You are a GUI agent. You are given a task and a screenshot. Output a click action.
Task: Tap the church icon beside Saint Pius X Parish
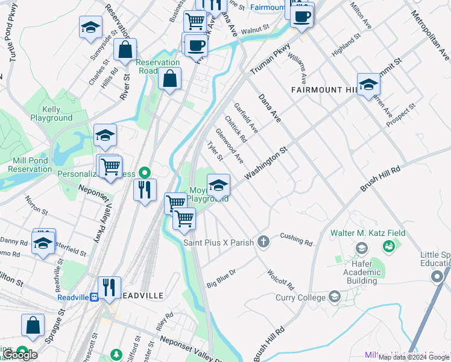tap(263, 242)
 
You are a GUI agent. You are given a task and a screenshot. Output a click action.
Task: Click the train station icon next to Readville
tap(95, 297)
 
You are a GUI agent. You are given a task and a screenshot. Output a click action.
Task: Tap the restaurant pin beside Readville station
tap(109, 287)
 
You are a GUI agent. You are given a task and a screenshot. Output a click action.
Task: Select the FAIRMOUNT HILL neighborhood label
tap(324, 90)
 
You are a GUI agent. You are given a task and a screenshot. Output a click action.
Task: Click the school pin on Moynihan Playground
tap(218, 184)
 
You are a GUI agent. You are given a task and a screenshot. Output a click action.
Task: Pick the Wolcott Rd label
tap(281, 279)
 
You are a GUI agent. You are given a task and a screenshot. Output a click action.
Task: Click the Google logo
tap(19, 355)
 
